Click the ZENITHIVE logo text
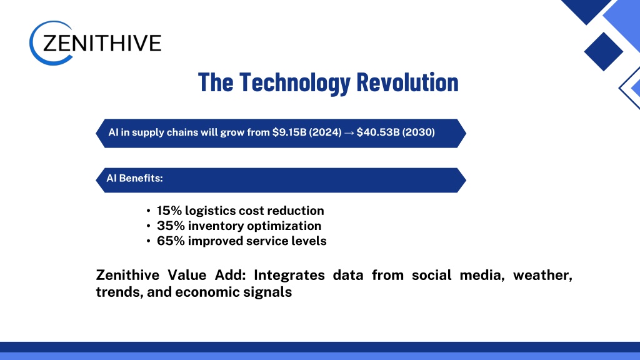102,43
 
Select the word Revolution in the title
407,82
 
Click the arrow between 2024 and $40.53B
349,132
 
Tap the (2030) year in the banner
419,132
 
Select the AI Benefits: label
135,178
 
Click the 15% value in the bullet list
169,211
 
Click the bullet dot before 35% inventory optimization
148,226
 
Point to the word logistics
210,211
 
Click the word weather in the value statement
542,276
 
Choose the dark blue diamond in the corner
603,52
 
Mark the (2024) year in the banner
325,132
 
